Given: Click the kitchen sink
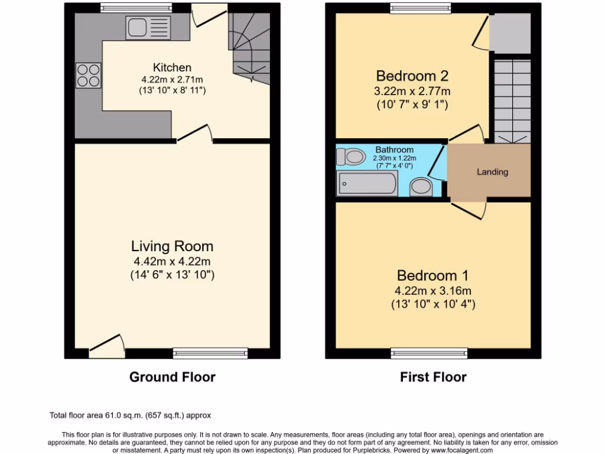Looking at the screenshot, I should [148, 28].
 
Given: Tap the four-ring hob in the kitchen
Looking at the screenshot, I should [88, 75].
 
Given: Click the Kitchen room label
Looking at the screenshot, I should [173, 67].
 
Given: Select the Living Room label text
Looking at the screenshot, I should [173, 246].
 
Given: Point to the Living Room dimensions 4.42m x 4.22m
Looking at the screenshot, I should [173, 262].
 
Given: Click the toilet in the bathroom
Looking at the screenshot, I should [350, 157].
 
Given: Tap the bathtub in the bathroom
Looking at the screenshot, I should [367, 183].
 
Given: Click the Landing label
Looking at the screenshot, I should [492, 172].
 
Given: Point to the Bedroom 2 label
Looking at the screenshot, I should [412, 76].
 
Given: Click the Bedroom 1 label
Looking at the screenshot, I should [433, 275].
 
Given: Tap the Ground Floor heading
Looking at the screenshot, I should [173, 377].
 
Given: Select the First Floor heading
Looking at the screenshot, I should [433, 377].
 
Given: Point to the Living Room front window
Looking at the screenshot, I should [210, 353].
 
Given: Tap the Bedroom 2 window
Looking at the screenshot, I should [420, 8].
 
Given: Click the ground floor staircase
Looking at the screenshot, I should [250, 47].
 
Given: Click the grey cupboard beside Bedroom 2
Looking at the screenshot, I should [509, 33].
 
